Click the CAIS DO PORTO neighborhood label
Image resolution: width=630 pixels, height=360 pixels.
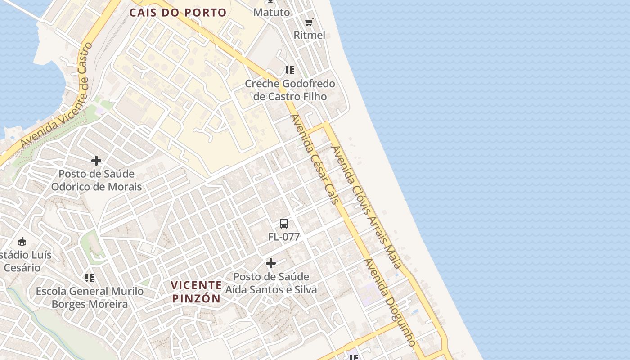[x=178, y=13]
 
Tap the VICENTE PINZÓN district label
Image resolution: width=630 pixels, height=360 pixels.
[x=197, y=292]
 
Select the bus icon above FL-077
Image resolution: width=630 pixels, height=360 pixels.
[x=284, y=223]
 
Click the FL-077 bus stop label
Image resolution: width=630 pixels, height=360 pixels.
[x=284, y=237]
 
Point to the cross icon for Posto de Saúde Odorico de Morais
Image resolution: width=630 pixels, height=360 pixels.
[x=96, y=161]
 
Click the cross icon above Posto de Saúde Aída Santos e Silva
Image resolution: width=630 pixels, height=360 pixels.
[x=271, y=263]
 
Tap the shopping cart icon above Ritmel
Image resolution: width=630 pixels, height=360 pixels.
[x=309, y=22]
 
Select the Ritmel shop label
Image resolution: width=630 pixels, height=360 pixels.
[x=309, y=35]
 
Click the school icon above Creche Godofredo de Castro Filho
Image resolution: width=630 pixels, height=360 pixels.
[x=290, y=70]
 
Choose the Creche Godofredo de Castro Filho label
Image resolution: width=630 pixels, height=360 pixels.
[x=290, y=90]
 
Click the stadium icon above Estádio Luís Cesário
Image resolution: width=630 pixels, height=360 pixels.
[x=22, y=241]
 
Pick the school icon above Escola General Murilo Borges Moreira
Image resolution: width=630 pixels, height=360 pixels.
[x=90, y=278]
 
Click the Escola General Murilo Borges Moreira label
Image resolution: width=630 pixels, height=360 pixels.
[x=90, y=298]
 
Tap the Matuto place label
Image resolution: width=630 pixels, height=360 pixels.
[x=272, y=12]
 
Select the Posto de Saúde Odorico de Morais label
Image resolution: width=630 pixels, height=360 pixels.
[x=96, y=180]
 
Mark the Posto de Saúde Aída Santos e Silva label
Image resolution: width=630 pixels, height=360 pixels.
[x=271, y=283]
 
